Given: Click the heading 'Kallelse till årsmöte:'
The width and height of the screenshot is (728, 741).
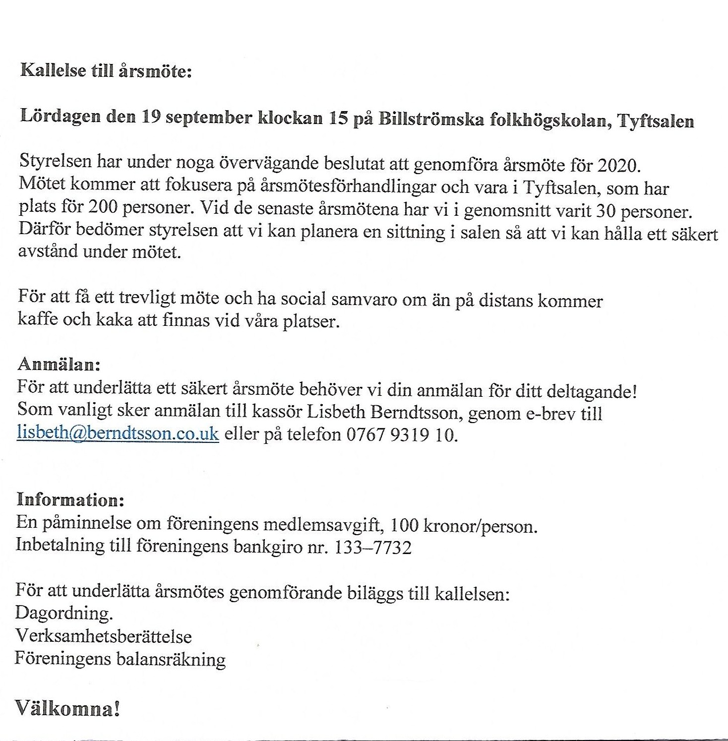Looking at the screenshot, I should pyautogui.click(x=106, y=71).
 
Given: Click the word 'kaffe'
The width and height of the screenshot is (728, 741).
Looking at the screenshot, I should pyautogui.click(x=36, y=318).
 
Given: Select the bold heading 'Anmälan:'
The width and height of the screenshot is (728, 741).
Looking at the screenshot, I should pyautogui.click(x=59, y=365).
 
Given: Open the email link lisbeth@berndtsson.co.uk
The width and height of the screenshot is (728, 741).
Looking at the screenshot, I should pyautogui.click(x=118, y=433).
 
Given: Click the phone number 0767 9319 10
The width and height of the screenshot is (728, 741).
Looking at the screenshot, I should pyautogui.click(x=400, y=435).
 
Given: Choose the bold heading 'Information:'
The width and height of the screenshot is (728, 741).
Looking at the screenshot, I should pyautogui.click(x=69, y=499).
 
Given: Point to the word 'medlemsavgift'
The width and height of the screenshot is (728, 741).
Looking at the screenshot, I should pyautogui.click(x=322, y=524).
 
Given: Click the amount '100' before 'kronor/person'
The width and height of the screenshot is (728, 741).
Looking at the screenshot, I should pyautogui.click(x=405, y=525).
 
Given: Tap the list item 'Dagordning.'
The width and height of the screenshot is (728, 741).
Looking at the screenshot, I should pyautogui.click(x=64, y=614).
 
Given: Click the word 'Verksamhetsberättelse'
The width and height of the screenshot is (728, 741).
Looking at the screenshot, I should pyautogui.click(x=104, y=636).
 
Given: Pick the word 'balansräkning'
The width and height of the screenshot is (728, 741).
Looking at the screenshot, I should pyautogui.click(x=171, y=659).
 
